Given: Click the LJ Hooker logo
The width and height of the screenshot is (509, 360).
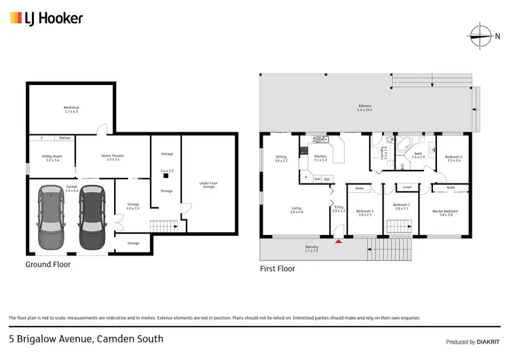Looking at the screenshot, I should tap(46, 18).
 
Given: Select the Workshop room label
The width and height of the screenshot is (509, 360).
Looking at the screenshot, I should tap(72, 110).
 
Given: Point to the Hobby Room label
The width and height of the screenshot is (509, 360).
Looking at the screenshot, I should tap(52, 158).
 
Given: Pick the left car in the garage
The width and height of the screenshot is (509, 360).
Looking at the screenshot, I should tap(51, 217).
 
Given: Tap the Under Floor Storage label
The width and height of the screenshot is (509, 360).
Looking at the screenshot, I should tap(208, 185).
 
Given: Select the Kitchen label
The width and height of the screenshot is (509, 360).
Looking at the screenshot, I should tap(320, 158).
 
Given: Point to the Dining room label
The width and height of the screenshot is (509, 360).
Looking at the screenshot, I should tap(281, 159).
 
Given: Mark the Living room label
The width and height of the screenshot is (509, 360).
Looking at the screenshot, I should tap(296, 211).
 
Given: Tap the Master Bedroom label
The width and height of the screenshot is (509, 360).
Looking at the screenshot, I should tap(445, 212).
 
